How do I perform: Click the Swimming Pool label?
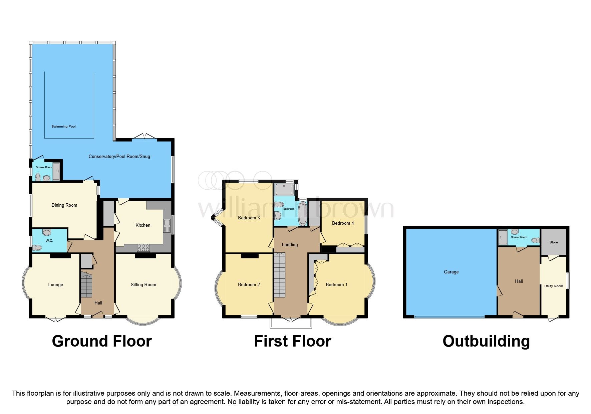pyautogui.click(x=63, y=127)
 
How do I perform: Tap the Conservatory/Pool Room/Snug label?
pyautogui.click(x=119, y=156)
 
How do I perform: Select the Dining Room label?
pyautogui.click(x=64, y=205)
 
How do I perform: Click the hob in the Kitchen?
pyautogui.click(x=143, y=248)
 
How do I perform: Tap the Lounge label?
pyautogui.click(x=55, y=284)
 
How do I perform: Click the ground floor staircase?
pyautogui.click(x=86, y=285)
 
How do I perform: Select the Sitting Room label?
pyautogui.click(x=143, y=284)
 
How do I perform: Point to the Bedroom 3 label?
pyautogui.click(x=249, y=218)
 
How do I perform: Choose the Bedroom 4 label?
pyautogui.click(x=343, y=223)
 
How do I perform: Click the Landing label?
pyautogui.click(x=290, y=244)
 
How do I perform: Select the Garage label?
pyautogui.click(x=451, y=272)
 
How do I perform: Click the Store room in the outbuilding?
pyautogui.click(x=553, y=242)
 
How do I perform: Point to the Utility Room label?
pyautogui.click(x=553, y=286)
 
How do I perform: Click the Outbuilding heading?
pyautogui.click(x=486, y=341)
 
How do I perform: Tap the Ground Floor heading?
pyautogui.click(x=102, y=341)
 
